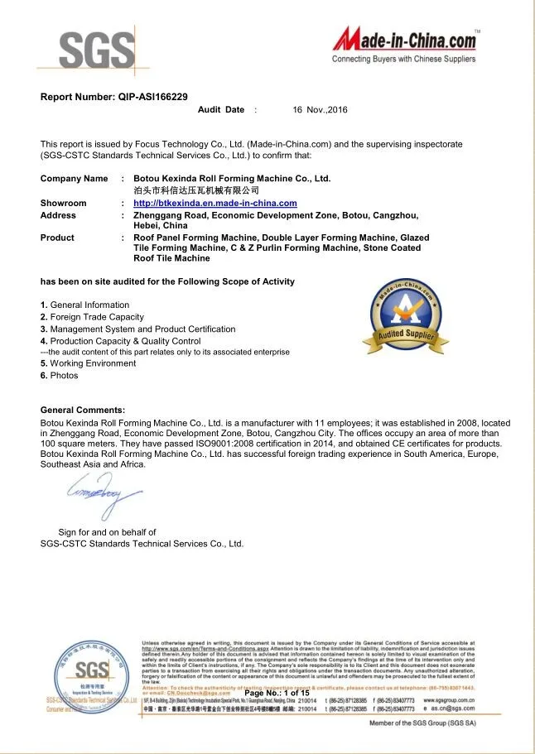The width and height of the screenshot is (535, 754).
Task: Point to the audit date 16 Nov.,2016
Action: pos(320,110)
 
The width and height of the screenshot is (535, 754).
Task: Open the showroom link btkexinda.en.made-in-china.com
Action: pos(214,203)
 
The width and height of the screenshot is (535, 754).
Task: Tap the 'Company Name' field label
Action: pos(74,179)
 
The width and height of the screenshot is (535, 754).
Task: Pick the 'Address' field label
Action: pos(58,215)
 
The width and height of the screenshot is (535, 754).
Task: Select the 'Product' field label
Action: pos(57,238)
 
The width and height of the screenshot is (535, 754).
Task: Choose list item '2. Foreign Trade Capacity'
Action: pos(92,317)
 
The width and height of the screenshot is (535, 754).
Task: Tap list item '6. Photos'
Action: pos(60,376)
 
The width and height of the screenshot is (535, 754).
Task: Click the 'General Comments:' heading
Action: pos(83,410)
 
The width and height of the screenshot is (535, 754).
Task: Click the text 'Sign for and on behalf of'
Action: pos(107,532)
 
